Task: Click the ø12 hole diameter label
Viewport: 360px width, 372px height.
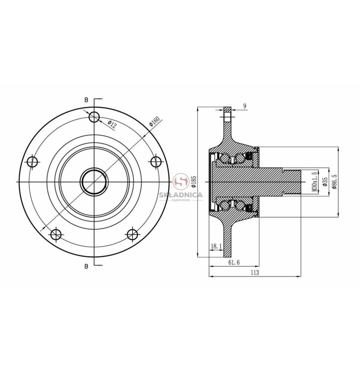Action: (x=112, y=124)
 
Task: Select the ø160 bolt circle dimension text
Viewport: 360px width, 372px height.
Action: (x=154, y=121)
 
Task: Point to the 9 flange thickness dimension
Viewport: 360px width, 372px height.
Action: (x=245, y=106)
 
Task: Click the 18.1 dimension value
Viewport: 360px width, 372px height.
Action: (x=216, y=246)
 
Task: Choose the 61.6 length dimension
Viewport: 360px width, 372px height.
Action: (x=234, y=262)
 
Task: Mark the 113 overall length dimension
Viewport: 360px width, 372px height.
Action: (x=255, y=272)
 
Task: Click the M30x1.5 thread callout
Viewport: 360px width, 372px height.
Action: (x=314, y=182)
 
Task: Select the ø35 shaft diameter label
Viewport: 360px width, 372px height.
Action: (x=325, y=182)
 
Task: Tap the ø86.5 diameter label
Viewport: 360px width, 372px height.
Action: (x=334, y=182)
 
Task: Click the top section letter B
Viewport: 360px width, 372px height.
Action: (x=86, y=100)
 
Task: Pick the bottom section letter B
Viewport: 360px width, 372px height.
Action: (x=86, y=266)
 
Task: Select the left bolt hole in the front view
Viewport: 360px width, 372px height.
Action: (x=32, y=162)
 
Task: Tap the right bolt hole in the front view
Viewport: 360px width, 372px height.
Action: (x=157, y=161)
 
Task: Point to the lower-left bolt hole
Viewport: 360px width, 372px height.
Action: (x=56, y=235)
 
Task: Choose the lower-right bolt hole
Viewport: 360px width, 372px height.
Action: (x=132, y=235)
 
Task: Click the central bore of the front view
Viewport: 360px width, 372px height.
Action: (x=94, y=182)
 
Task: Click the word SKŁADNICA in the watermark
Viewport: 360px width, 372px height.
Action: (x=180, y=195)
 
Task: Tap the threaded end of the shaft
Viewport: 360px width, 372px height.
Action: (x=292, y=182)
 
